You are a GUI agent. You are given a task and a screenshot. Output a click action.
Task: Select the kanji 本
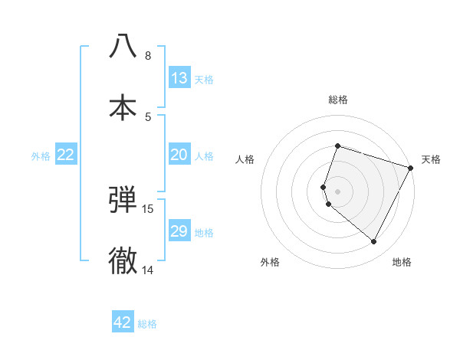click(x=123, y=106)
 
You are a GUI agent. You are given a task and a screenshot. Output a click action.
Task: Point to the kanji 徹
click(x=123, y=260)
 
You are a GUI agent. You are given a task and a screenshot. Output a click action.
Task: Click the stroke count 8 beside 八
click(x=148, y=56)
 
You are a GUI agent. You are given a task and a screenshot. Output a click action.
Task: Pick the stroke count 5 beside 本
click(x=148, y=116)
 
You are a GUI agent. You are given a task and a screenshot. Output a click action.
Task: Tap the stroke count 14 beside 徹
click(x=148, y=270)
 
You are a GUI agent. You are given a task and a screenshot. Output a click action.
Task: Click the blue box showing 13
click(x=179, y=78)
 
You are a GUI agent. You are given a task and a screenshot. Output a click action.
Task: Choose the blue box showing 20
click(x=179, y=155)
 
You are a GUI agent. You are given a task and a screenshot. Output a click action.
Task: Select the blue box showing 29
click(x=179, y=231)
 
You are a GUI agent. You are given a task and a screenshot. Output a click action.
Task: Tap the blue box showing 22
click(x=66, y=155)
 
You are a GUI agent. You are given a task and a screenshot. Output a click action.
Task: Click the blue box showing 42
click(x=123, y=322)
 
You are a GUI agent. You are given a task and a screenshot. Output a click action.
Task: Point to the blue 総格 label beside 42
click(x=147, y=324)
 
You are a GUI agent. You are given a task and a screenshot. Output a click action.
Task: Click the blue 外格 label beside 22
click(x=41, y=156)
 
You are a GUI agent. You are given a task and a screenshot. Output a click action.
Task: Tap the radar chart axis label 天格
click(x=431, y=159)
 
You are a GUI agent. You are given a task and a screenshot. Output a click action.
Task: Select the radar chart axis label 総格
click(x=338, y=100)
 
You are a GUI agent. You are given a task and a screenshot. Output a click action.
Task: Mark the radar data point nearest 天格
click(x=411, y=169)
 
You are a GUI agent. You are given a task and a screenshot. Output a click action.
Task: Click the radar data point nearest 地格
click(x=374, y=242)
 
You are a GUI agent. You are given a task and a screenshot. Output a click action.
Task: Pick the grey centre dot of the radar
click(x=338, y=191)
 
